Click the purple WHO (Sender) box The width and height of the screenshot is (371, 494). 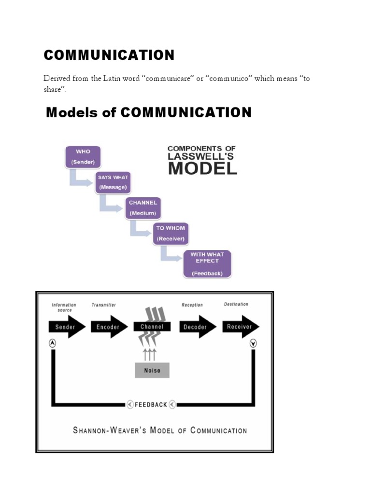[x=83, y=157]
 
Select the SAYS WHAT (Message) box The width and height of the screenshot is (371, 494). [x=113, y=182]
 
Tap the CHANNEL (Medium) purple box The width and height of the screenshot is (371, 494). [x=143, y=207]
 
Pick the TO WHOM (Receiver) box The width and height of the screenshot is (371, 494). [x=171, y=233]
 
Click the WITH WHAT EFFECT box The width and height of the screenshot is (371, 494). [x=207, y=263]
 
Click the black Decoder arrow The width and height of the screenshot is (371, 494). [x=196, y=327]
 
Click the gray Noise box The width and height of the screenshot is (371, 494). [x=152, y=370]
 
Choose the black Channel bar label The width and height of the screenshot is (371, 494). [x=152, y=327]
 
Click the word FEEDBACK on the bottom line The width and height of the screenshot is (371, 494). [x=151, y=405]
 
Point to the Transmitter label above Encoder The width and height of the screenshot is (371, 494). [x=104, y=305]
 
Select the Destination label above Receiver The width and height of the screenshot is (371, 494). [x=236, y=304]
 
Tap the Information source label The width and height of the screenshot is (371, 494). [x=64, y=307]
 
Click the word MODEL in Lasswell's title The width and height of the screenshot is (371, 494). [x=202, y=168]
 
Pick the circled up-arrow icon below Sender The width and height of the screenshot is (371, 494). [x=53, y=343]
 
